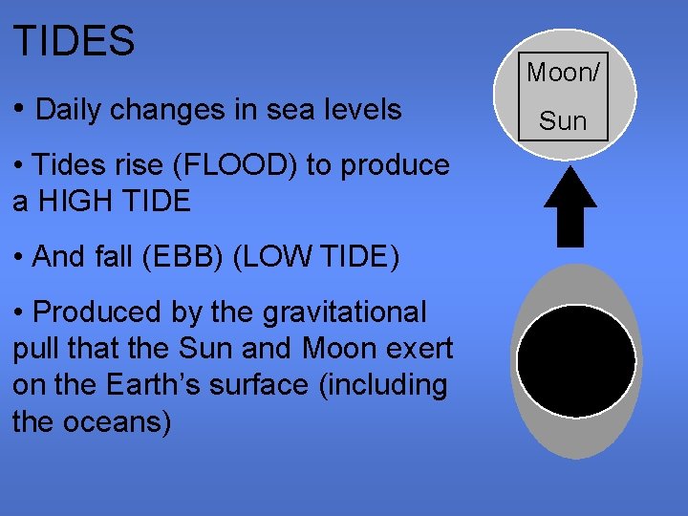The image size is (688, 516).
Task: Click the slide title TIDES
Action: click(x=74, y=41)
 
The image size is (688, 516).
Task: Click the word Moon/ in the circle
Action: click(x=563, y=72)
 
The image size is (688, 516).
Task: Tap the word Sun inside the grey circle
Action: click(x=563, y=120)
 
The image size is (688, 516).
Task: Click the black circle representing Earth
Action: click(x=575, y=362)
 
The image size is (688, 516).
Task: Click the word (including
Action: click(x=380, y=385)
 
